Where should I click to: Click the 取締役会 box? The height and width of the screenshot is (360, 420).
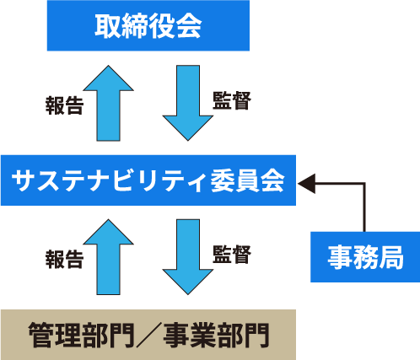(x=148, y=25)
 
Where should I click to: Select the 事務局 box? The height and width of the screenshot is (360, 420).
(x=365, y=257)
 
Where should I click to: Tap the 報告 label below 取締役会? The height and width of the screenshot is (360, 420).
(x=64, y=105)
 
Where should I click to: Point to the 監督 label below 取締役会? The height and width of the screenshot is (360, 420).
(x=232, y=100)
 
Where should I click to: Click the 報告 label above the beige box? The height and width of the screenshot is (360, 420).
(x=64, y=259)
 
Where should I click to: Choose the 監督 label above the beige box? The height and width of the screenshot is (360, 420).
(x=232, y=255)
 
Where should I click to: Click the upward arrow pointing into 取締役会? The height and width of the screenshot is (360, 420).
(x=109, y=103)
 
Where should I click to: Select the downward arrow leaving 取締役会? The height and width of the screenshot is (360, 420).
(x=188, y=103)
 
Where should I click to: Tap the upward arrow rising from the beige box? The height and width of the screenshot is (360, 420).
(x=109, y=257)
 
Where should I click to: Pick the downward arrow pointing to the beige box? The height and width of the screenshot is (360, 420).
(x=188, y=257)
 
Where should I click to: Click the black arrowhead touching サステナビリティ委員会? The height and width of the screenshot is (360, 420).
(x=306, y=184)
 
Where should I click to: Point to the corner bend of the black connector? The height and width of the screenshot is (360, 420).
(x=364, y=184)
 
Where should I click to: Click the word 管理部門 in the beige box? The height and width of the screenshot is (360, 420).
(x=82, y=336)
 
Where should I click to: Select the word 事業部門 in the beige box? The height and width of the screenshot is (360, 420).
(x=217, y=336)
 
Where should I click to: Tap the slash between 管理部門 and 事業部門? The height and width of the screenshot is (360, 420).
(x=149, y=336)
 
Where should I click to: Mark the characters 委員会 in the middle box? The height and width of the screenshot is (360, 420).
(x=247, y=180)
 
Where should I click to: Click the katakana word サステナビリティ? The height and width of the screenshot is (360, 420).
(x=109, y=180)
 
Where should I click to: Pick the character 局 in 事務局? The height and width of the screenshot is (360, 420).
(x=391, y=257)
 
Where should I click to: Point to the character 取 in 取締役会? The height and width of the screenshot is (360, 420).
(x=107, y=25)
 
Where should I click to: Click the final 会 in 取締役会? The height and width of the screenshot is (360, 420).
(x=189, y=25)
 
